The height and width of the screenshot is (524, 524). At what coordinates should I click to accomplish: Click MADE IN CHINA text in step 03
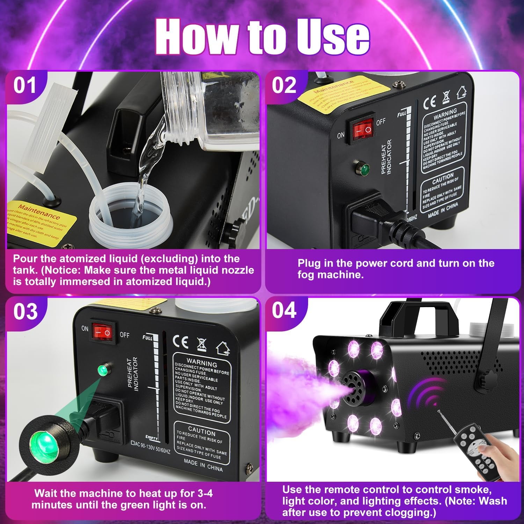click(x=203, y=465)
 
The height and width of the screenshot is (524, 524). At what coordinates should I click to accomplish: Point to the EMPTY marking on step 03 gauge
click(x=152, y=438)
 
